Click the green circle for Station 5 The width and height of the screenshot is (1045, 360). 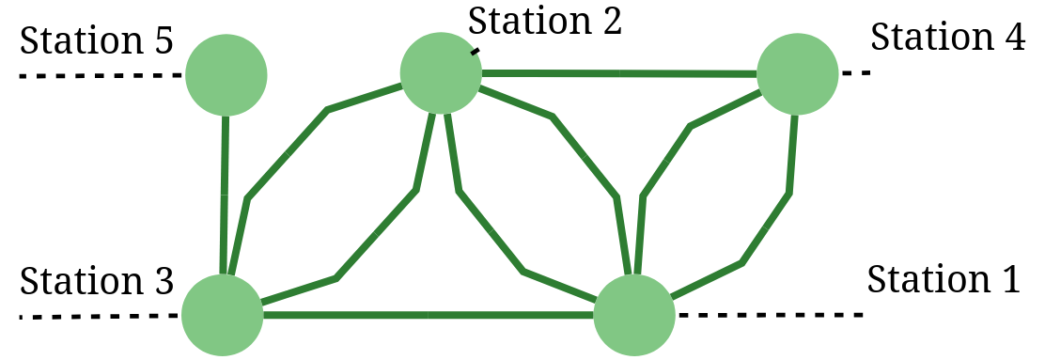pos(226,74)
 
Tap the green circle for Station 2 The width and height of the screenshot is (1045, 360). pos(440,72)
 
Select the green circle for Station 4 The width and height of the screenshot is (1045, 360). pos(797,74)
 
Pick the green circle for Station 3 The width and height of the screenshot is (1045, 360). pos(222,315)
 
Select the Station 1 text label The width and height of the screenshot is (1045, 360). pos(943,279)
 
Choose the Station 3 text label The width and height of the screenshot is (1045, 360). pos(96,281)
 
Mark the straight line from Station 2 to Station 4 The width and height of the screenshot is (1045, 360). pos(620,72)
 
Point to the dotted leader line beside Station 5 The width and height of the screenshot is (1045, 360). pos(99,74)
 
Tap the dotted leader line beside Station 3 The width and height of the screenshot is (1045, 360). pos(99,316)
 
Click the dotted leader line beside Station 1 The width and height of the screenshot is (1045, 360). pos(771,314)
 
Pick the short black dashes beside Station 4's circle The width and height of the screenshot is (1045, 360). pos(856,72)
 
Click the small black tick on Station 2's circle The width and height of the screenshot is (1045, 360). pos(476,52)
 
